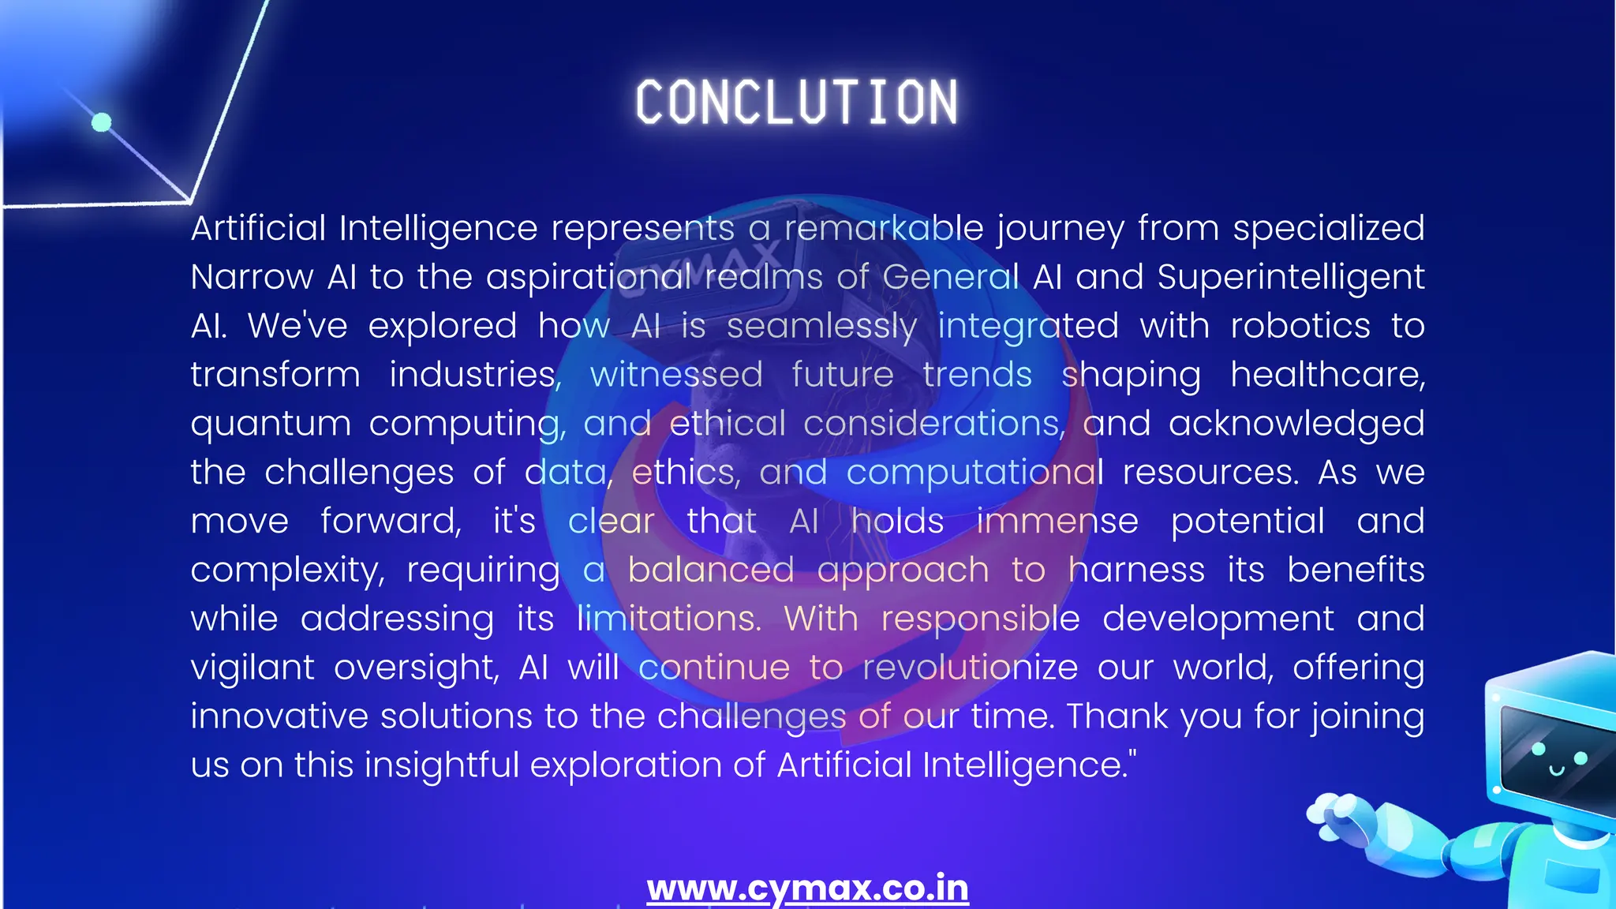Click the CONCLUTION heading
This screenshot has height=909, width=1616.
pyautogui.click(x=797, y=103)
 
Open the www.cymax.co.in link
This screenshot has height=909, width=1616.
pyautogui.click(x=807, y=888)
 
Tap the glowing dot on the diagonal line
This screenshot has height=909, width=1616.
pyautogui.click(x=102, y=122)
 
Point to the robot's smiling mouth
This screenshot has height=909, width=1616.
pyautogui.click(x=1557, y=769)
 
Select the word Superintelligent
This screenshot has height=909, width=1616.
pyautogui.click(x=1291, y=277)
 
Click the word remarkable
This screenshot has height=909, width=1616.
pyautogui.click(x=884, y=228)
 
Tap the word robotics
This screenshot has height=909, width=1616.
pyautogui.click(x=1300, y=326)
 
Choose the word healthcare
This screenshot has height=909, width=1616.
pyautogui.click(x=1327, y=375)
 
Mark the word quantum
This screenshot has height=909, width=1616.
pyautogui.click(x=271, y=425)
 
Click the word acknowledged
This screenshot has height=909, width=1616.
pyautogui.click(x=1296, y=424)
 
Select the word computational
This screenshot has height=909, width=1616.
pyautogui.click(x=974, y=473)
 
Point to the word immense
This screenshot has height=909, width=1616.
pyautogui.click(x=1057, y=522)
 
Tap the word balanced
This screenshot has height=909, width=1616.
pyautogui.click(x=711, y=570)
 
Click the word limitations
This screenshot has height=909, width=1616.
pyautogui.click(x=668, y=619)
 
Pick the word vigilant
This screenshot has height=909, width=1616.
pyautogui.click(x=252, y=668)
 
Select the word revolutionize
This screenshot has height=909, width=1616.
pyautogui.click(x=970, y=668)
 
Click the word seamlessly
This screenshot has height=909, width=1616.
pyautogui.click(x=821, y=327)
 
